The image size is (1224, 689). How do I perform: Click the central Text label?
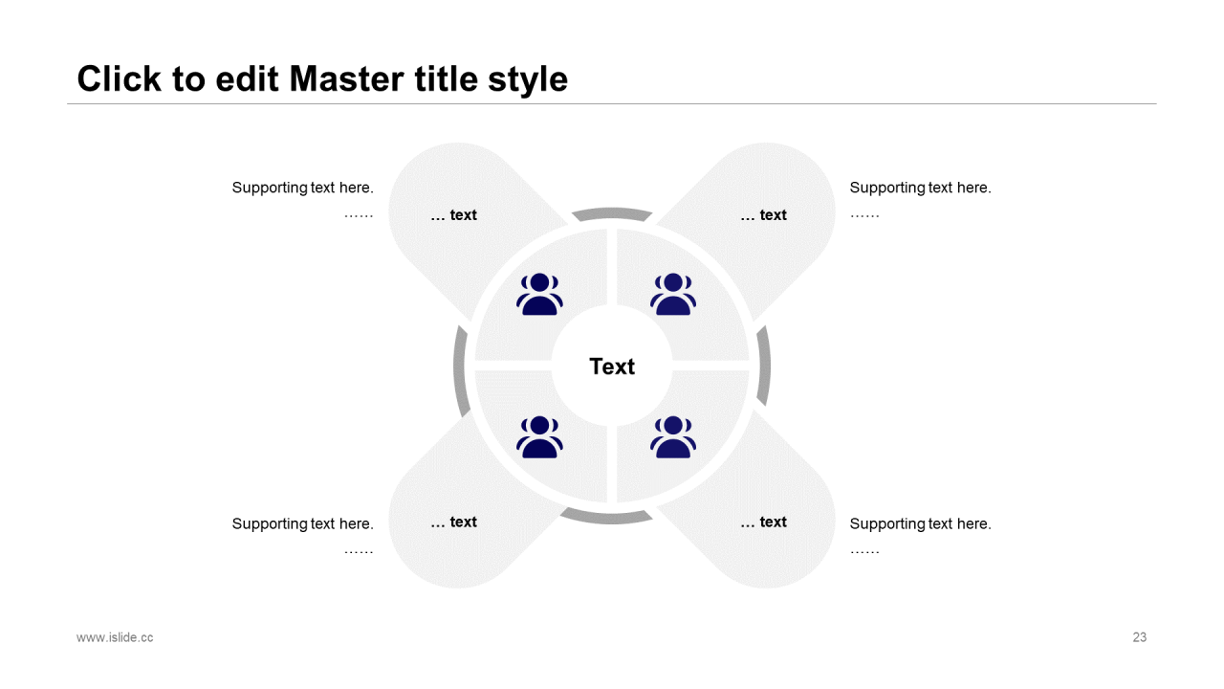[612, 367]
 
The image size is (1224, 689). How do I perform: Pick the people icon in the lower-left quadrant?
[539, 436]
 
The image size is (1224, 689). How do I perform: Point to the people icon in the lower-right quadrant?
[673, 436]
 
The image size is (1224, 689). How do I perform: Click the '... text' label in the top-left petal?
[453, 215]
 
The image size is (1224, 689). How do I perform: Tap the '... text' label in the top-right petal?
[763, 215]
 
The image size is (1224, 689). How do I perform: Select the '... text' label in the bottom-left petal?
[453, 522]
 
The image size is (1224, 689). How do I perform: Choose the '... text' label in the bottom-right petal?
[763, 522]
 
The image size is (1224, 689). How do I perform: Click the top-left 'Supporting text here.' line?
[302, 188]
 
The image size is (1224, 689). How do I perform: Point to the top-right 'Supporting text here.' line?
[920, 188]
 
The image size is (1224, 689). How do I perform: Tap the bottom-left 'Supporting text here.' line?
[302, 523]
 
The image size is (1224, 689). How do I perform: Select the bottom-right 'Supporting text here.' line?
[920, 523]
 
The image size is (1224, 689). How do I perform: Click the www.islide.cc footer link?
[115, 637]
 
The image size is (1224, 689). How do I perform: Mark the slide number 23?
[1139, 637]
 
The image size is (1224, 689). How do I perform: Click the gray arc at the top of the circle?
[612, 211]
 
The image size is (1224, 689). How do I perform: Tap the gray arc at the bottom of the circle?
[607, 520]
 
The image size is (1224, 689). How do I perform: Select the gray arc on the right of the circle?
[764, 366]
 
